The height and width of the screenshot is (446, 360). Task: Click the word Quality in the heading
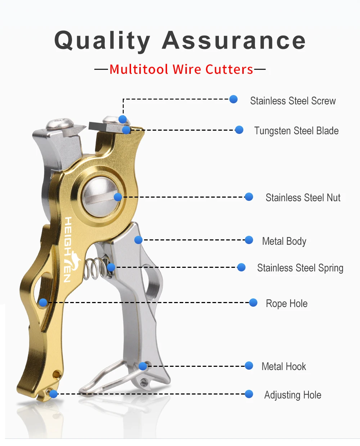click(x=102, y=41)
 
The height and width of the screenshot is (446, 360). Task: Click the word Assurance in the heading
click(x=234, y=40)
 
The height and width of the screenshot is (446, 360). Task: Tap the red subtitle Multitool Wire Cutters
click(x=181, y=69)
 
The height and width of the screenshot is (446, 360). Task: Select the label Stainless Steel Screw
click(x=293, y=101)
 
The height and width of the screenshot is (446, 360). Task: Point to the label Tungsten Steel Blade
click(x=296, y=131)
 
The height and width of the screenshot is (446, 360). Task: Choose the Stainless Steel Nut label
click(x=303, y=198)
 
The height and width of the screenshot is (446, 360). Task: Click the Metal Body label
click(x=284, y=241)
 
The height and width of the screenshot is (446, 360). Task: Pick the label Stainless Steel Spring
click(x=300, y=268)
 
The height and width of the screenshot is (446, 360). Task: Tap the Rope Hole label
click(x=287, y=303)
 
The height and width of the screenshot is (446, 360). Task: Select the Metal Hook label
click(x=284, y=366)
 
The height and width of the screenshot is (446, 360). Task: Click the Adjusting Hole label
click(x=293, y=395)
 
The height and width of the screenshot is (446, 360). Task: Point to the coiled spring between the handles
click(x=97, y=268)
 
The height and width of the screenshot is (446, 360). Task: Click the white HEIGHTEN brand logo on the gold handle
click(x=70, y=249)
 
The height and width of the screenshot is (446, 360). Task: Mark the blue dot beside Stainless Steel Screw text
click(x=233, y=99)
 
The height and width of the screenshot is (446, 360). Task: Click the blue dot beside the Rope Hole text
click(x=253, y=303)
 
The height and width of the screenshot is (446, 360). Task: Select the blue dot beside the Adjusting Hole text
click(x=249, y=394)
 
